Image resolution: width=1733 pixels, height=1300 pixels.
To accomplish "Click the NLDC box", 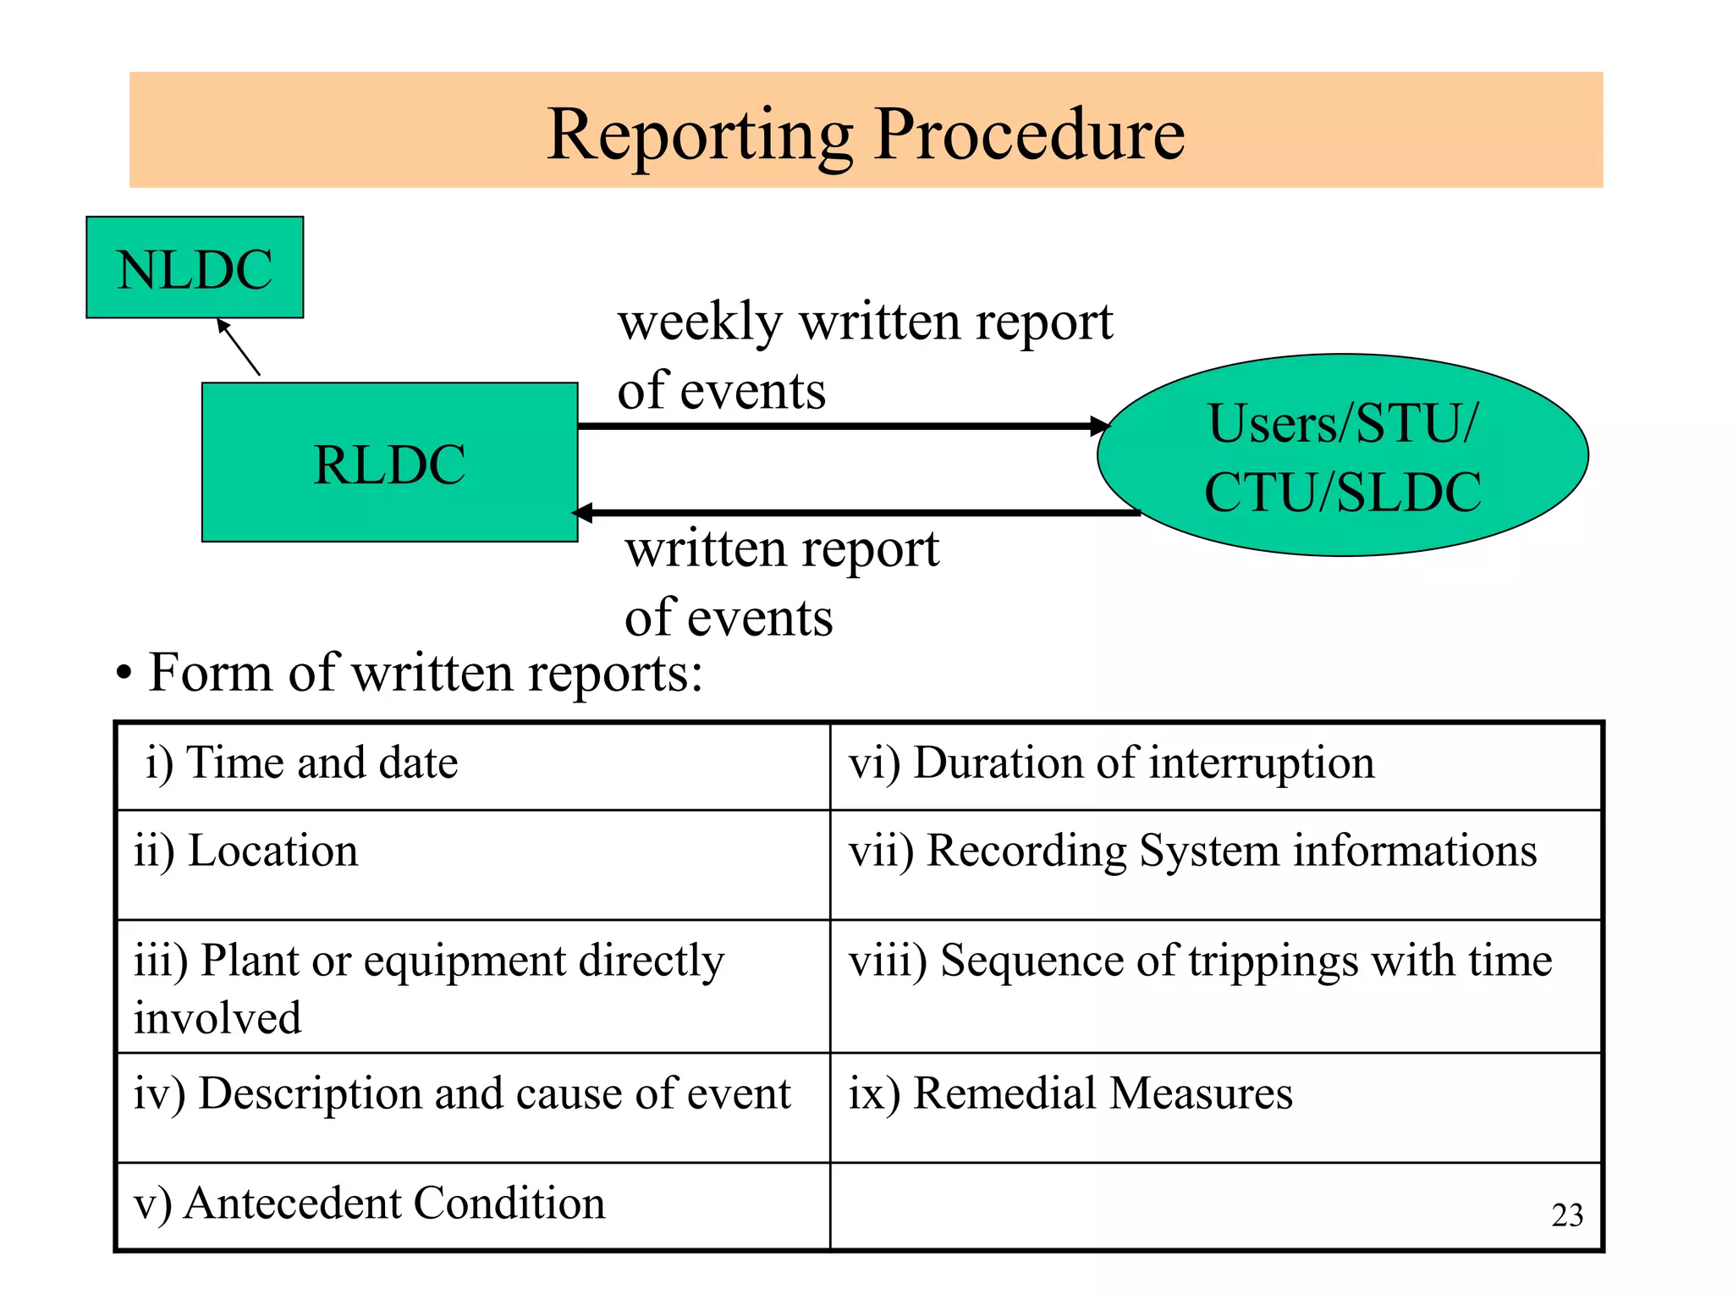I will (x=195, y=268).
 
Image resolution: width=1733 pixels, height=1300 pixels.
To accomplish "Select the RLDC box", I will (x=389, y=463).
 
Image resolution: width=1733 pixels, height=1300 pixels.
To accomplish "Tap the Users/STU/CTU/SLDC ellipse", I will (x=1342, y=456).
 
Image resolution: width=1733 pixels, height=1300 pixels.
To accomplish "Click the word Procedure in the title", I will (x=1029, y=135).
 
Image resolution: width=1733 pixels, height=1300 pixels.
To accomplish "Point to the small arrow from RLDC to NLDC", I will (x=239, y=347).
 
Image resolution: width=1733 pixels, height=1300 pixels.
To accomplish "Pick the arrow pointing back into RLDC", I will (x=855, y=513).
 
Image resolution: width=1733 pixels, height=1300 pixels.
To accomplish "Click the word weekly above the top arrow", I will (x=700, y=322).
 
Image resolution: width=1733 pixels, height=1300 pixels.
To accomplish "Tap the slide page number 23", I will (x=1567, y=1215).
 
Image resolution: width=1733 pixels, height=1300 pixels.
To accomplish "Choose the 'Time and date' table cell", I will (x=472, y=765).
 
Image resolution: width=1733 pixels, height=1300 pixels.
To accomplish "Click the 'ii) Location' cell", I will (x=472, y=864).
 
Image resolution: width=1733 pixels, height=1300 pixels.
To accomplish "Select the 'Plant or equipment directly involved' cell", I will (x=472, y=987).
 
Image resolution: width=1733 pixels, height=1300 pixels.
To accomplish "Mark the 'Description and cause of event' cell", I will (x=472, y=1107).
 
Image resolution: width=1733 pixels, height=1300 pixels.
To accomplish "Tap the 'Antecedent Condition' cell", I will (x=472, y=1205).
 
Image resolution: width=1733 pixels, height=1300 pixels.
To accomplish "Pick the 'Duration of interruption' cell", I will (x=1216, y=765).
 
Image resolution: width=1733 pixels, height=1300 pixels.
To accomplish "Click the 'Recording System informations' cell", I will (x=1216, y=864).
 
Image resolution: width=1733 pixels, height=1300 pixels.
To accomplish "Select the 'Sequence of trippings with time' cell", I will (x=1216, y=987).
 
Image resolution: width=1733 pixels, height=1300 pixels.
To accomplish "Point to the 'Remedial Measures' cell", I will (x=1216, y=1107).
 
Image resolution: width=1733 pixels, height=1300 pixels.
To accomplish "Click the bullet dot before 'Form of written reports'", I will (x=124, y=675).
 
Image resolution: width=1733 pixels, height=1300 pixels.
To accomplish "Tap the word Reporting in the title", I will (x=700, y=135).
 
